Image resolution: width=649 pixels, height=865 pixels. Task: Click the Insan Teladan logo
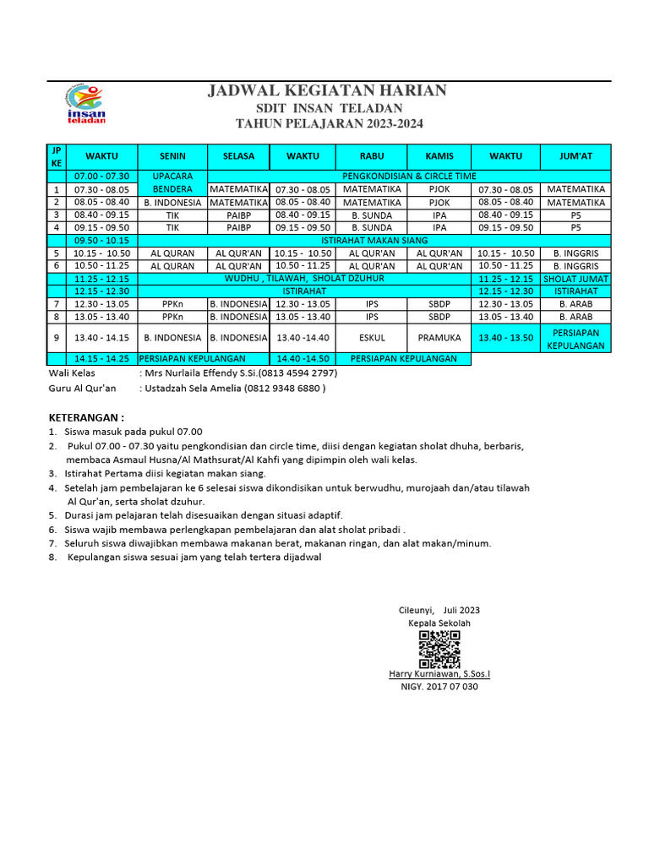85,106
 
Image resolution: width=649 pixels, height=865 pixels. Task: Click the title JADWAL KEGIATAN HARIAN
329,91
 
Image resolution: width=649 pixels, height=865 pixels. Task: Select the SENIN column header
172,156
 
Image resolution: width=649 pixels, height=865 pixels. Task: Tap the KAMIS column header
439,156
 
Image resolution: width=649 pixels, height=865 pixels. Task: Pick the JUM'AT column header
575,156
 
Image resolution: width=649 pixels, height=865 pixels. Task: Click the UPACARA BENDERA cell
172,182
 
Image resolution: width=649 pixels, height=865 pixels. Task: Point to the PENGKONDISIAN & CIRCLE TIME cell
408,176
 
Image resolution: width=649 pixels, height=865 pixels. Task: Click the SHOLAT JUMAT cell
575,279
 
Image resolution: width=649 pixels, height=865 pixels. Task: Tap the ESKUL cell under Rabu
371,337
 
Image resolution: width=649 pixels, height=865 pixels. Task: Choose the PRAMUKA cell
439,337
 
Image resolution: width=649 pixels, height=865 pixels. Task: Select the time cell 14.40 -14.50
302,358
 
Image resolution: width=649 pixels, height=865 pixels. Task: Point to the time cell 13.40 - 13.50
505,337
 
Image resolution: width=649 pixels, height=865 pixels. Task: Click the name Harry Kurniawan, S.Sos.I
439,673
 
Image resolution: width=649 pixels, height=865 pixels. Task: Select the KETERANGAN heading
86,417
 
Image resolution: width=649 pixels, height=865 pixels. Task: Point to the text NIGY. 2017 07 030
439,687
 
